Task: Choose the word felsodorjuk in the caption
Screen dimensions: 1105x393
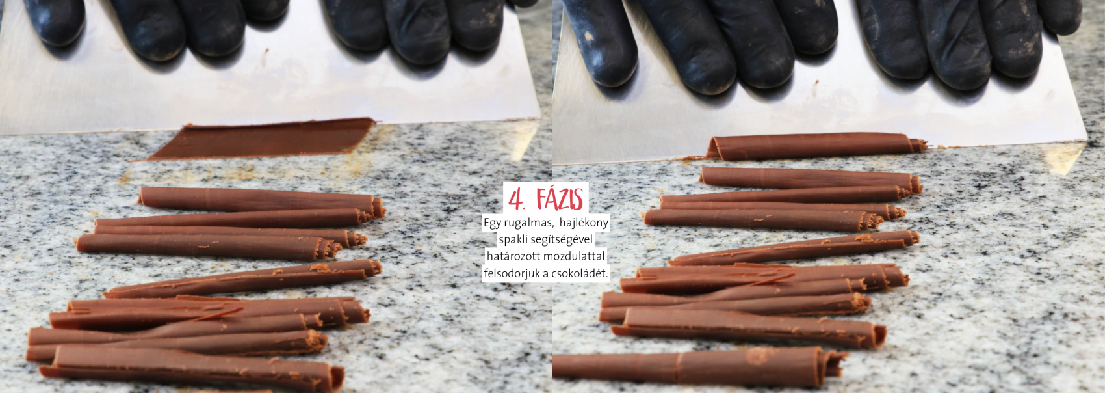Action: click(512, 273)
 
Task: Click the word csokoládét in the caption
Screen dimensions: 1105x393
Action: click(581, 273)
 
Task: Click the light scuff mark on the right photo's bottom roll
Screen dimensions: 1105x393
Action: click(759, 355)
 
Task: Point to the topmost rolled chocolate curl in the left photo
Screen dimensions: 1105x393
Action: click(261, 201)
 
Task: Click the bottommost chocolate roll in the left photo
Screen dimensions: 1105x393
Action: click(192, 368)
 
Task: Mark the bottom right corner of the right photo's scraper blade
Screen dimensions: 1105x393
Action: click(1087, 140)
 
